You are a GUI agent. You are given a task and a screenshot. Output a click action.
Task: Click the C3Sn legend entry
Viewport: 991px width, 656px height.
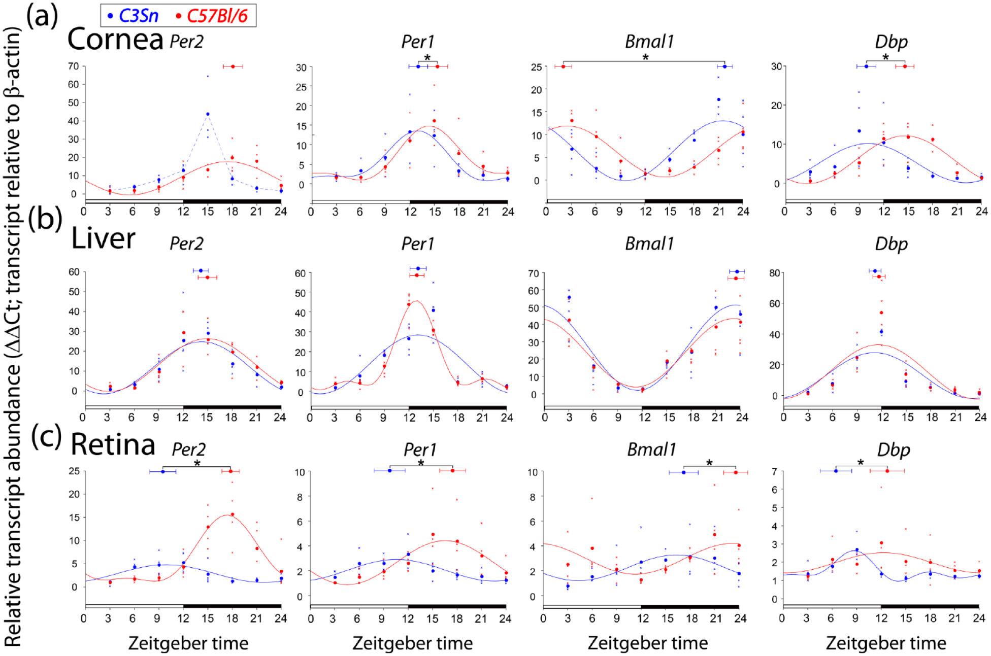coord(133,16)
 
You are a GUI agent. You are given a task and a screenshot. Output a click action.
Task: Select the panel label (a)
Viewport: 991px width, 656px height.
coord(42,16)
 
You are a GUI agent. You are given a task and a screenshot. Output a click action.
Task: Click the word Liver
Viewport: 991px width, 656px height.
coord(103,238)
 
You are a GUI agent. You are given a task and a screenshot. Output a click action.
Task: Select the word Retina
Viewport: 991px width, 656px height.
coord(113,444)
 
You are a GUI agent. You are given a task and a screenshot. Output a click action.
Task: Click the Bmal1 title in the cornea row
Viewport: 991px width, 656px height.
coord(649,42)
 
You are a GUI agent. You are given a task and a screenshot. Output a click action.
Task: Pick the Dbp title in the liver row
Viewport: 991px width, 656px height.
coord(891,245)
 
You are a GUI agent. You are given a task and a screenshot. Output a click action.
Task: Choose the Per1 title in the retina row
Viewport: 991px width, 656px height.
coord(420,450)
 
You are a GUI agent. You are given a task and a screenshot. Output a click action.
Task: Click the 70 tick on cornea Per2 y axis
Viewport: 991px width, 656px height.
coord(74,66)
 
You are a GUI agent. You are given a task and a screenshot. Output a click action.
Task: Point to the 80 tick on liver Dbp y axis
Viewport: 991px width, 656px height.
coord(774,273)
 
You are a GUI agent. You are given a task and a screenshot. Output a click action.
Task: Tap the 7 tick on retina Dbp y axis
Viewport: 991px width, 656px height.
coord(774,471)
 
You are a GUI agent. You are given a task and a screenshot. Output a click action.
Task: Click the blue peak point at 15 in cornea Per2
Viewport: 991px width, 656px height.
coord(208,114)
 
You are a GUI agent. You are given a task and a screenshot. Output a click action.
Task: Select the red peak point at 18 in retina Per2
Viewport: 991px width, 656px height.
coord(233,514)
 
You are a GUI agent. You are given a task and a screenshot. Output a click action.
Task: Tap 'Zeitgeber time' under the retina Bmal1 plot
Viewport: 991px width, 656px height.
coord(648,643)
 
